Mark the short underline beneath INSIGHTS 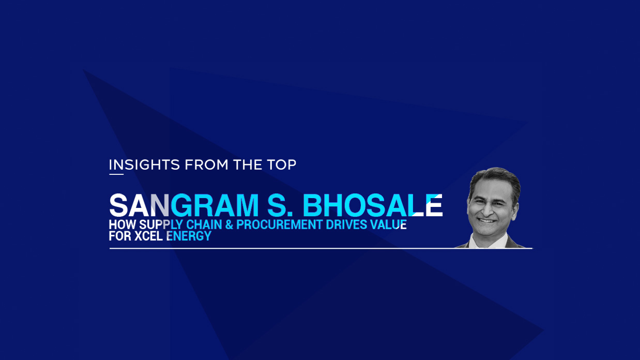click(x=116, y=174)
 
